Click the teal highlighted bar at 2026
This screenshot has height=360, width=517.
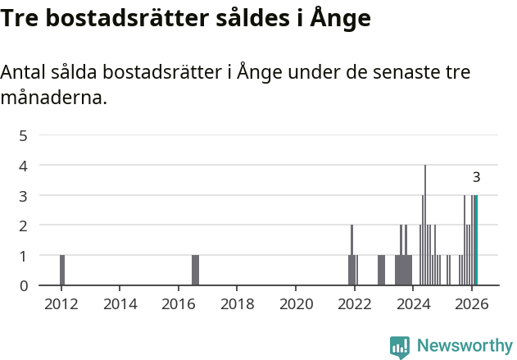(476, 240)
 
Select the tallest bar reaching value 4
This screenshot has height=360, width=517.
(425, 226)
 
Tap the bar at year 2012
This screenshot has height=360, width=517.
(62, 270)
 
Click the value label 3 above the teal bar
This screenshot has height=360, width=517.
(476, 177)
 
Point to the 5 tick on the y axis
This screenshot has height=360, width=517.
(24, 135)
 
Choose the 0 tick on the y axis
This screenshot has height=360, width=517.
(24, 285)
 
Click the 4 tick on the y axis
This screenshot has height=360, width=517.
(24, 166)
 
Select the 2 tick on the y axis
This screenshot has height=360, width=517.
(24, 226)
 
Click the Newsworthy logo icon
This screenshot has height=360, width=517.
(400, 347)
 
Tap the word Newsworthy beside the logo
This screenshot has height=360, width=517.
(465, 347)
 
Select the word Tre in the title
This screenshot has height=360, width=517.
(20, 17)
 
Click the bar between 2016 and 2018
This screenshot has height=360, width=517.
(195, 270)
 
